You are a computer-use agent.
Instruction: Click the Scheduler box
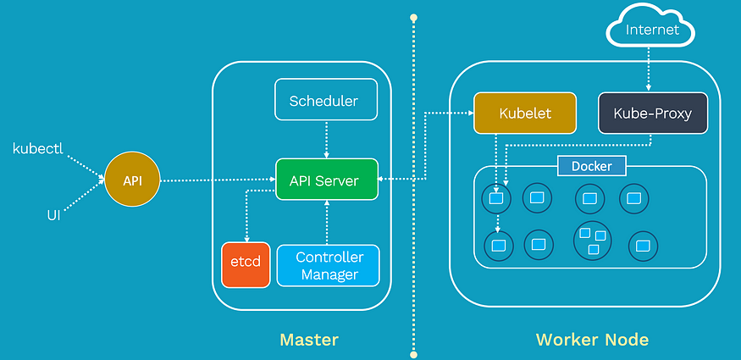point(326,99)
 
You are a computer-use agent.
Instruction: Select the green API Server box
point(327,179)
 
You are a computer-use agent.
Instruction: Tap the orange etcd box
point(246,264)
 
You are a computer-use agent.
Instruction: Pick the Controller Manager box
point(328,265)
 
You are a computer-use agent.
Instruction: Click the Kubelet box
point(525,113)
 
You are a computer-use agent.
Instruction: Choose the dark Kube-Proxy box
point(653,113)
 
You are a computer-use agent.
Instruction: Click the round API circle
point(132,179)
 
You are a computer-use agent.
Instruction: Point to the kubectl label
point(38,149)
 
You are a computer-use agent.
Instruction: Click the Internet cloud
point(650,30)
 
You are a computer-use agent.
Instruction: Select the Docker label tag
point(592,166)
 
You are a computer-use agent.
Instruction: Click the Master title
point(309,340)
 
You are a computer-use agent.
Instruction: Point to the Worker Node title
point(592,340)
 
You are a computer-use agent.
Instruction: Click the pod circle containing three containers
point(592,240)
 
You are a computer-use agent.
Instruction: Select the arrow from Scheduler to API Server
point(326,140)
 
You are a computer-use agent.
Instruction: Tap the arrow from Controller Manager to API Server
point(326,222)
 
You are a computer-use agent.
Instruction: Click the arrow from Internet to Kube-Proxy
point(649,69)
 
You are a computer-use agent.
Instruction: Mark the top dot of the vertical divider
point(413,18)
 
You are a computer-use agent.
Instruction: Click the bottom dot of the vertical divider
point(413,354)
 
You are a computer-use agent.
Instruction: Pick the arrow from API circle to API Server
point(218,180)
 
